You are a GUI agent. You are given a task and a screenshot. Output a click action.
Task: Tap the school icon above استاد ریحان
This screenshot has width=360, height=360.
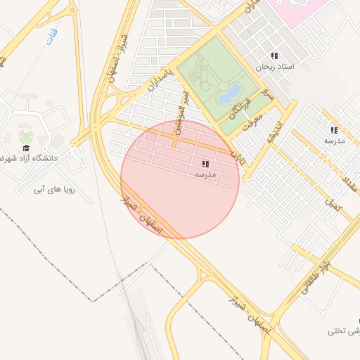274,56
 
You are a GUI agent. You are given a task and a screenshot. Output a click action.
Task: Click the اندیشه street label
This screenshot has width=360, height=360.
274,129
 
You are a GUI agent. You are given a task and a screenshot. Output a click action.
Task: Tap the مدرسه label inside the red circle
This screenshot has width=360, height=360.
205,174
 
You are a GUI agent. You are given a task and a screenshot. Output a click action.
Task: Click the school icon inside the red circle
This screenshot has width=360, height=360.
205,163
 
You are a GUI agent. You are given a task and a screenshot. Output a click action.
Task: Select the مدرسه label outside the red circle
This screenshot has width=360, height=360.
333,141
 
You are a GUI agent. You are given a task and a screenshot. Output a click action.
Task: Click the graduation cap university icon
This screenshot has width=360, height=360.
26,148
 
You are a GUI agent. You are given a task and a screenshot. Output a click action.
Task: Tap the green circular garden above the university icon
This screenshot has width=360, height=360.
26,135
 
